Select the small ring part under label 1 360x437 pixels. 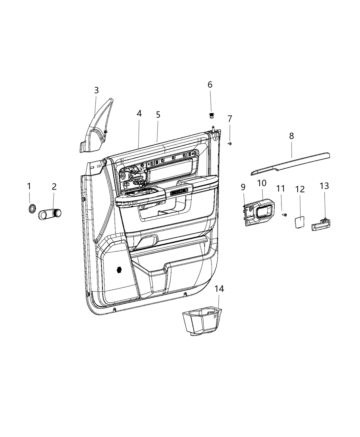click(33, 208)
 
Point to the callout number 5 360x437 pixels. click(158, 114)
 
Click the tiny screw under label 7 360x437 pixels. click(230, 143)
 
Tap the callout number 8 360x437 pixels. click(291, 136)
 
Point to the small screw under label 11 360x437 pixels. click(284, 215)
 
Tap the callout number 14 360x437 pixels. click(219, 289)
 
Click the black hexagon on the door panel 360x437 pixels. click(119, 270)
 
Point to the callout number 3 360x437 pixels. click(96, 90)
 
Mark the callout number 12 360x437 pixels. click(300, 189)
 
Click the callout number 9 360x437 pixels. click(243, 187)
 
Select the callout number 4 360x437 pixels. click(139, 113)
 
